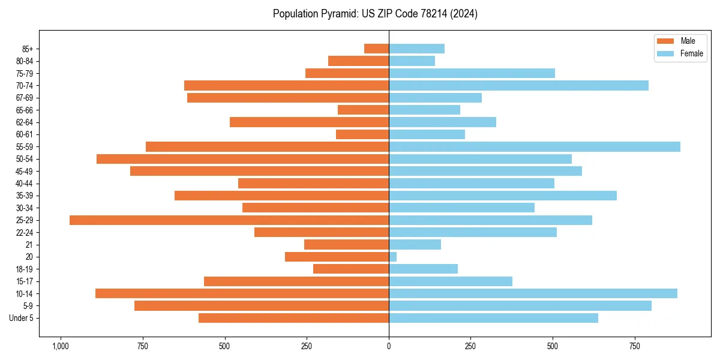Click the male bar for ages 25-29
coord(229,220)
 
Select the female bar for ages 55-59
coord(534,146)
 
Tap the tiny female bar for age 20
coord(393,257)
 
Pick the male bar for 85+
coord(376,49)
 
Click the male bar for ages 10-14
coord(242,293)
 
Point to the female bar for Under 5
coord(493,318)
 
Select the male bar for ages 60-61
coord(362,134)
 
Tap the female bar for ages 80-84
coord(412,61)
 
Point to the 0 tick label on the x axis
coord(389,346)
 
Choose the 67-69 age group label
coord(24,98)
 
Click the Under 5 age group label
coord(22,318)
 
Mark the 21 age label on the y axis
coord(29,245)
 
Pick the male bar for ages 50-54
coord(242,159)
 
